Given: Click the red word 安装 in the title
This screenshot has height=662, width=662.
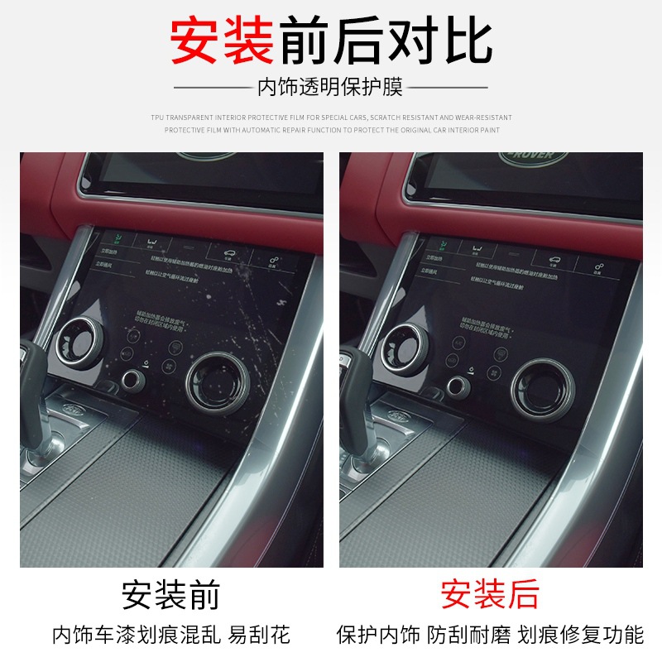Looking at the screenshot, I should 222,41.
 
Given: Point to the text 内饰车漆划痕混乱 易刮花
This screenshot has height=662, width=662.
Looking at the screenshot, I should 171,636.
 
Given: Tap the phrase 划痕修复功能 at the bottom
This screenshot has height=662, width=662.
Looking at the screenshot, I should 581,636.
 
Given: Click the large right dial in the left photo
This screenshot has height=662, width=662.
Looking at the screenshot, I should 218,383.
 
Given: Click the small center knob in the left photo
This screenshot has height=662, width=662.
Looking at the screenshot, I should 132,381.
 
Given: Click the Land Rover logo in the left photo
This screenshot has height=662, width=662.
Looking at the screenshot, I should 207,156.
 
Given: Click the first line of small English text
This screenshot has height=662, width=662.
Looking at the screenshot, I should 331,118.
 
